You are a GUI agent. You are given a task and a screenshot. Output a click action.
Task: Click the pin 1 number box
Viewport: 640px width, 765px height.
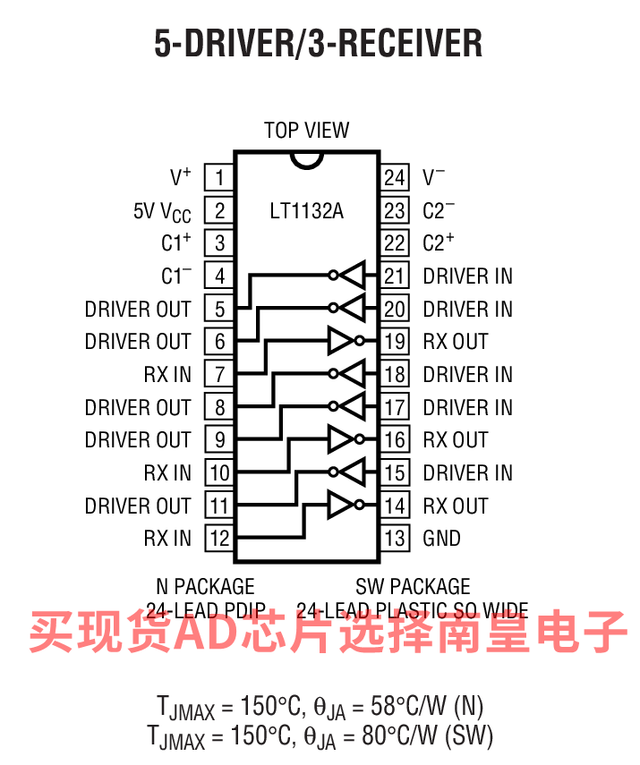click(218, 177)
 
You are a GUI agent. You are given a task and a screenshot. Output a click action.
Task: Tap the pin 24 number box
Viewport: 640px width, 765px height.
click(395, 177)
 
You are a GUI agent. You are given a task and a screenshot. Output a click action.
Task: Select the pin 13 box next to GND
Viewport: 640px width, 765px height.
click(395, 538)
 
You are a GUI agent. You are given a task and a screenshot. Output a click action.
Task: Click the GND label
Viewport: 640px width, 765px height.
click(441, 538)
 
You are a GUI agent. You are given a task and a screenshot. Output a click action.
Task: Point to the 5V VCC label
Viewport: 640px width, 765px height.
click(162, 211)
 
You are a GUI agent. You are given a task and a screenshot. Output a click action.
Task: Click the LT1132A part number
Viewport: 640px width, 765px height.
click(307, 212)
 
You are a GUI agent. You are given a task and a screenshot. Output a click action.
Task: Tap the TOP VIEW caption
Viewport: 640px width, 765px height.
click(307, 131)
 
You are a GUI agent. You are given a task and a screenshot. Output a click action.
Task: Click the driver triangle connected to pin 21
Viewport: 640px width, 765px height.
click(353, 276)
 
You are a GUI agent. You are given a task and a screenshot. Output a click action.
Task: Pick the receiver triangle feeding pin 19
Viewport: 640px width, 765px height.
click(341, 341)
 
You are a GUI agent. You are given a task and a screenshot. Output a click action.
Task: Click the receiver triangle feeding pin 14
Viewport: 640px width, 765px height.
click(341, 506)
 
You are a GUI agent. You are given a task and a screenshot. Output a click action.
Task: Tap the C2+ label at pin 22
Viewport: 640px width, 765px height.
click(439, 242)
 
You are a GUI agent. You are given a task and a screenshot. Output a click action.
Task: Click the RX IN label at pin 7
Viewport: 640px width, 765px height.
click(167, 374)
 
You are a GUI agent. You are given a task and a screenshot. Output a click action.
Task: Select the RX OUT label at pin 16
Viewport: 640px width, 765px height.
click(456, 439)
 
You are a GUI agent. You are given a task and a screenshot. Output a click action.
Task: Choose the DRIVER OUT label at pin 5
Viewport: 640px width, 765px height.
click(138, 309)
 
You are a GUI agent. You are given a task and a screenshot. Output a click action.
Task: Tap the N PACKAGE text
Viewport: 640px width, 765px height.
click(205, 587)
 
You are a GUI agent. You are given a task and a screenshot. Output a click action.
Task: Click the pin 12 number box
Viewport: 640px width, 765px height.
click(218, 538)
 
